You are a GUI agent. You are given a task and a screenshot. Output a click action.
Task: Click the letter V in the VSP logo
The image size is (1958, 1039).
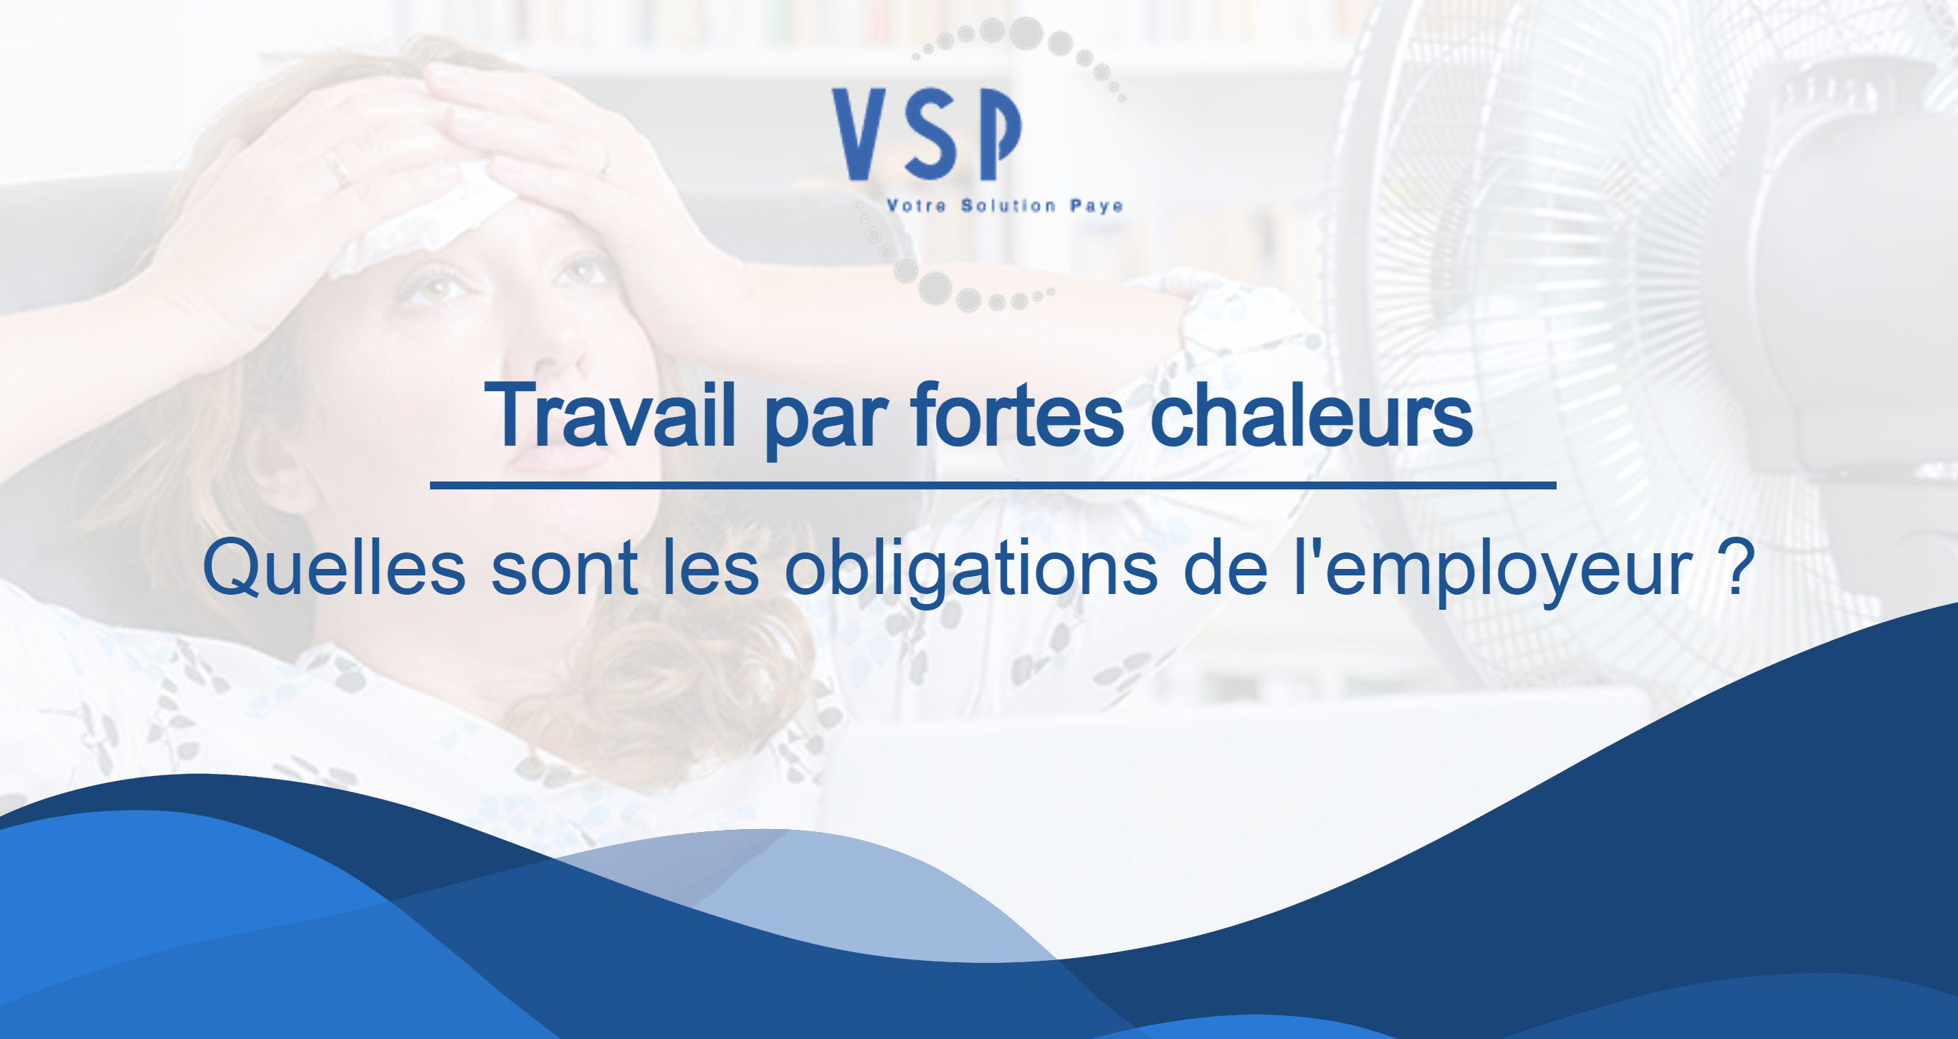[x=859, y=134]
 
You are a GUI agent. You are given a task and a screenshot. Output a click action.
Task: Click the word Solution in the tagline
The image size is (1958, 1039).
[x=1008, y=206]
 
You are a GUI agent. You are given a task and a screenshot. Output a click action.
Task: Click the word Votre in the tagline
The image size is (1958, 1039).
[x=916, y=206]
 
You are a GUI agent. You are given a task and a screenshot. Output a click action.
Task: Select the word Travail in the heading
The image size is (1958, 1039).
[x=611, y=415]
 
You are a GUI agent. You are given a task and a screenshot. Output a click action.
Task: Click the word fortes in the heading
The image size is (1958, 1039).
[x=1018, y=415]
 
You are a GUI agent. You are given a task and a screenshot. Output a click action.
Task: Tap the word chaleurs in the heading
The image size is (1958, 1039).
[x=1311, y=415]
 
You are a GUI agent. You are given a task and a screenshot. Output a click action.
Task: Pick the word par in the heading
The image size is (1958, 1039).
[x=825, y=423]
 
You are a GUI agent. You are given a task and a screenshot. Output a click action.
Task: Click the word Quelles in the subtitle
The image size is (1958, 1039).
[x=334, y=567]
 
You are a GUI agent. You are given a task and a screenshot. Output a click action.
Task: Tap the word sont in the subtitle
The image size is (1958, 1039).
[x=564, y=572]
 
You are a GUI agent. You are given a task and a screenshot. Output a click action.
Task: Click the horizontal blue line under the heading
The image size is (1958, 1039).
[x=993, y=485]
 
